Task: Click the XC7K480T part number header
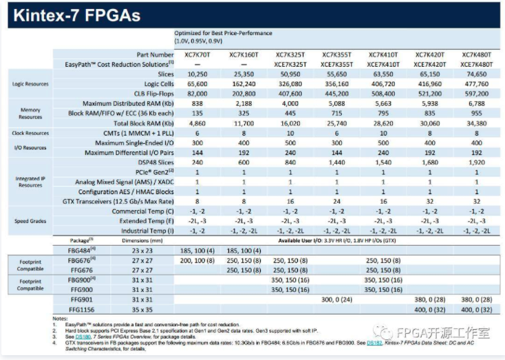point(475,54)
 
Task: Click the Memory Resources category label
point(30,113)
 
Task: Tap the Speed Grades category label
point(30,221)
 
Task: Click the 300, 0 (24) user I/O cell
point(336,300)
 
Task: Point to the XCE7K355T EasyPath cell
point(336,63)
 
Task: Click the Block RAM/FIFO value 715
point(336,113)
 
